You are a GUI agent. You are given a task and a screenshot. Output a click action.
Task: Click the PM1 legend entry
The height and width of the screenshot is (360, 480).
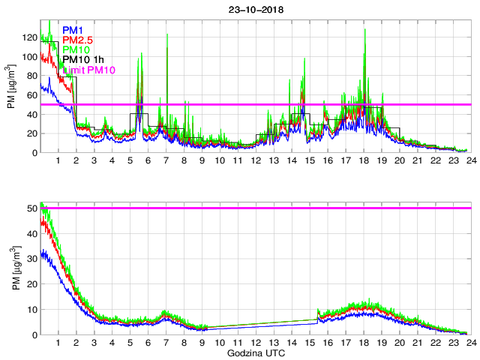pos(73,30)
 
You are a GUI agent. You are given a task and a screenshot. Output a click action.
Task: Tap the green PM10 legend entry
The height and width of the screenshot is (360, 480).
pos(76,49)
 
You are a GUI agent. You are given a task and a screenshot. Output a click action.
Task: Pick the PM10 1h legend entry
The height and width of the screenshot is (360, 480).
pos(83,59)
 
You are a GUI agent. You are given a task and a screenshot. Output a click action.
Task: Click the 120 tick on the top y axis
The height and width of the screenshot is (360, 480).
pos(28,37)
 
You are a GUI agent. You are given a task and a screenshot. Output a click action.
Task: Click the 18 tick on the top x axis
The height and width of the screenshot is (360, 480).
pos(364,160)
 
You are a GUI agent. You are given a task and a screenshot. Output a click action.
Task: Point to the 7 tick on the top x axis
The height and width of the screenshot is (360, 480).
pos(166,160)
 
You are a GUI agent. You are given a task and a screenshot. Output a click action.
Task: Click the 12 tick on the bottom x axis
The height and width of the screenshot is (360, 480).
pos(256,342)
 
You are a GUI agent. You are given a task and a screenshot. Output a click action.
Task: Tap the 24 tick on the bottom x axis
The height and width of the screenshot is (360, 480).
pos(471,342)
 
